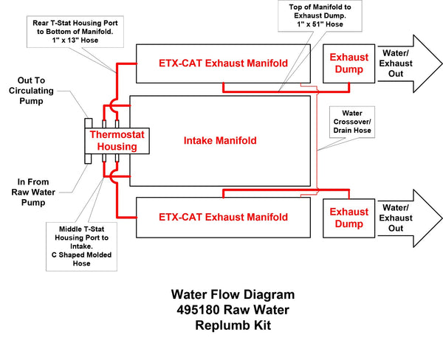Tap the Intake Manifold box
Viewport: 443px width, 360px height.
click(219, 139)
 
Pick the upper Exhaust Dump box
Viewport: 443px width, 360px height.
click(348, 62)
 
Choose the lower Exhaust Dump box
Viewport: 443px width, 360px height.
click(348, 217)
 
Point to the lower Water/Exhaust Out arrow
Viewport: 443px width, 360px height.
click(405, 217)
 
